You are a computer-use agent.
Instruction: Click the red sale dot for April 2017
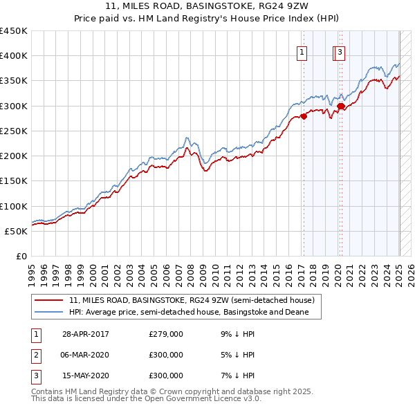[x=304, y=117]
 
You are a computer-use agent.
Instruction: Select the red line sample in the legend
[x=49, y=301]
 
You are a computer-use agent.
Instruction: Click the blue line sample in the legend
[x=49, y=312]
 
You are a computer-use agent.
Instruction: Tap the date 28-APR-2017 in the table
[x=86, y=334]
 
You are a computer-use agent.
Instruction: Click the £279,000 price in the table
[x=166, y=334]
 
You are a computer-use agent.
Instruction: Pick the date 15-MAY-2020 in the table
[x=86, y=376]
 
